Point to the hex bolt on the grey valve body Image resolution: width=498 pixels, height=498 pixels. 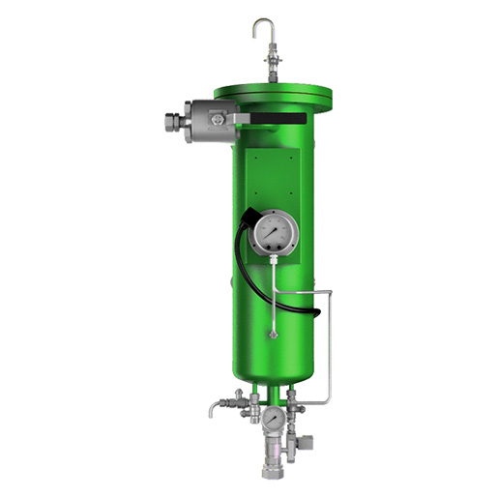(x=217, y=119)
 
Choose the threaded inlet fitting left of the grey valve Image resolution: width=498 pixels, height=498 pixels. (x=175, y=123)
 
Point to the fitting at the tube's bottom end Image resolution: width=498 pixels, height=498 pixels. (x=274, y=335)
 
